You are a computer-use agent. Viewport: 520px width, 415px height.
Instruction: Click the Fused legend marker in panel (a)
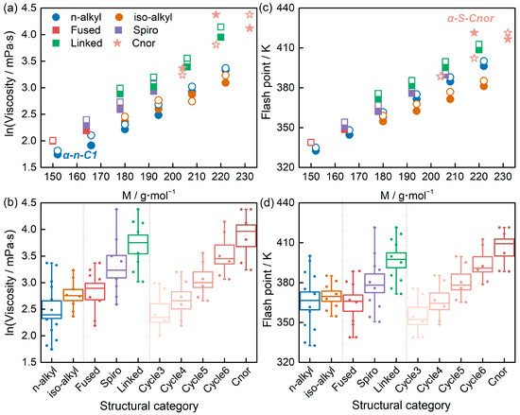click(x=57, y=30)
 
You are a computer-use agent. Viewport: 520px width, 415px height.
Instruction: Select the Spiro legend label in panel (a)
click(x=146, y=30)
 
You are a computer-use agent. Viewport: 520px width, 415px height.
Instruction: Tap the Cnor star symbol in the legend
click(x=118, y=43)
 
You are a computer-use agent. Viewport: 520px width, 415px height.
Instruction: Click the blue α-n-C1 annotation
click(x=80, y=154)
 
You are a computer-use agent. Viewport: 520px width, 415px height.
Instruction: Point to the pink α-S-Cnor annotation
click(x=471, y=18)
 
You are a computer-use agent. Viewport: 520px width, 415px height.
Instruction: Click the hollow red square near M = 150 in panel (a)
click(x=52, y=141)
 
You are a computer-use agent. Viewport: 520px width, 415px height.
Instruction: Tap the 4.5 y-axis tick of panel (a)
click(x=29, y=8)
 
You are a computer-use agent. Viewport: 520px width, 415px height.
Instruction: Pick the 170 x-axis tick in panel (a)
click(x=101, y=177)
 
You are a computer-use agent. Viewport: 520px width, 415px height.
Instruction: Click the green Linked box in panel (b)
click(x=138, y=244)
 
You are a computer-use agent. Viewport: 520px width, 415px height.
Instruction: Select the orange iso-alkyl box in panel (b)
click(x=74, y=295)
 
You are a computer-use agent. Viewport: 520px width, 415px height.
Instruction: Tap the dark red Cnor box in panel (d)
click(x=505, y=248)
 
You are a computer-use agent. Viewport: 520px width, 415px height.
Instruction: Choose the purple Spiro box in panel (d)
click(x=374, y=283)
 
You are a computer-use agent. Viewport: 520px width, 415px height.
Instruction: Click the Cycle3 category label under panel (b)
click(x=151, y=379)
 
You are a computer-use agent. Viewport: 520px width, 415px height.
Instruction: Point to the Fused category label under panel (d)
click(x=346, y=378)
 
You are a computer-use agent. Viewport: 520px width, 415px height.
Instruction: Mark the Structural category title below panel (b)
click(x=148, y=406)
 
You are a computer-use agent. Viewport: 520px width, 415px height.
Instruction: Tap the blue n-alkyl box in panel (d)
click(x=310, y=301)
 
